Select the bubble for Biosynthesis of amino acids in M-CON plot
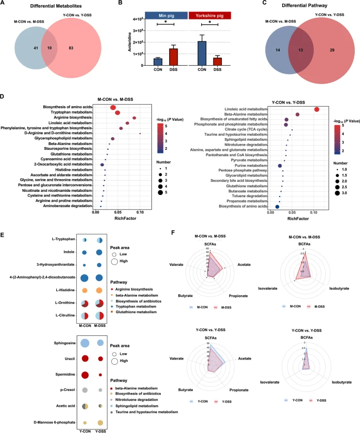(x=113, y=107)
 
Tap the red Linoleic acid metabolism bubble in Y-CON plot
(x=317, y=109)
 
